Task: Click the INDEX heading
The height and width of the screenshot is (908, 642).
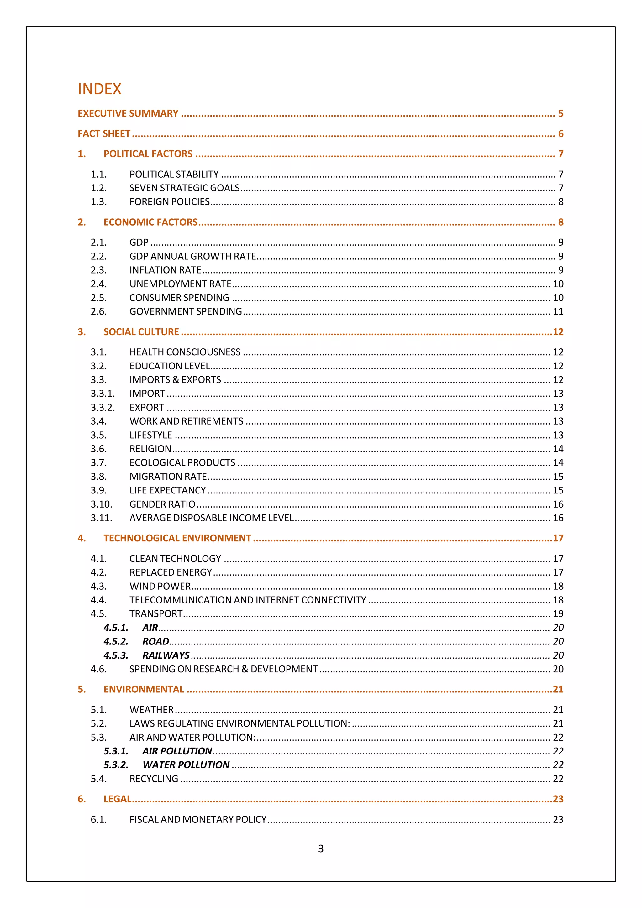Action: tap(99, 89)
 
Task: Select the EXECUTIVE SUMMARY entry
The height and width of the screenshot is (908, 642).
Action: tap(128, 113)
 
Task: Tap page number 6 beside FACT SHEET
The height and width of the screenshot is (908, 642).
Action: tap(560, 134)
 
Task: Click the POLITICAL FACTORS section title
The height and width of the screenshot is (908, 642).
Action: tap(148, 154)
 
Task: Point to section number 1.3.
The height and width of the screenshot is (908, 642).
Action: tap(98, 202)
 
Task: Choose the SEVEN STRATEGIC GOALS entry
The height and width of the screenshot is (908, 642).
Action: tap(184, 188)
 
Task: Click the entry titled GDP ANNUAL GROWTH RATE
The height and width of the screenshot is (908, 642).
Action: tap(193, 256)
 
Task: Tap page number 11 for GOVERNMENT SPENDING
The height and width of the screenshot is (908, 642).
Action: tap(558, 312)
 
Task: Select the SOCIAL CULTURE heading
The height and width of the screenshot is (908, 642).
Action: tap(141, 332)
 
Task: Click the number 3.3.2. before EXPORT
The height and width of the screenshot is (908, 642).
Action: tap(103, 407)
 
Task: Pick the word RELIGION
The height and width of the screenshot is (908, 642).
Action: tap(150, 449)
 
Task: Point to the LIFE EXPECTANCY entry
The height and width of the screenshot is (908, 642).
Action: tap(167, 490)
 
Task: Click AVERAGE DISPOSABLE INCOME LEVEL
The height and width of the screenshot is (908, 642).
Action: tap(211, 518)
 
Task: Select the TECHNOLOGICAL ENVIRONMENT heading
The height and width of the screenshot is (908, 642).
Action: tap(177, 538)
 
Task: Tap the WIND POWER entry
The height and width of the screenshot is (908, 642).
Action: tap(160, 586)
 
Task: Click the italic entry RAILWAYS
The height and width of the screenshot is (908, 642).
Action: tap(166, 655)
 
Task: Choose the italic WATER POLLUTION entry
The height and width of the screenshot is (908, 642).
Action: tap(186, 765)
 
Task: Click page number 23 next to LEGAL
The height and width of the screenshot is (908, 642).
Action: tap(558, 799)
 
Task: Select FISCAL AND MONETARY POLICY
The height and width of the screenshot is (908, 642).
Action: tap(198, 819)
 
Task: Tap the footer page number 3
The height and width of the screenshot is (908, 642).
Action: tap(321, 849)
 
